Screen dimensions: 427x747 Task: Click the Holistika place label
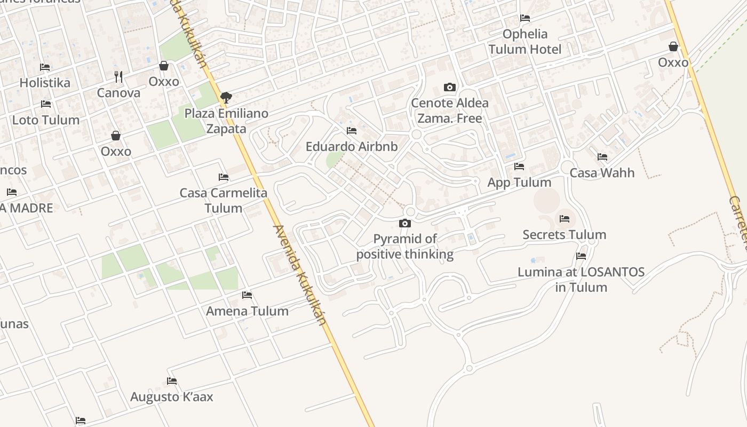tap(45, 83)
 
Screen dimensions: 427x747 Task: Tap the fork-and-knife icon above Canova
tap(118, 77)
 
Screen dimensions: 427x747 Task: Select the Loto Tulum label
tap(46, 120)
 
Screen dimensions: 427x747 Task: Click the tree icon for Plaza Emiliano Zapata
tap(226, 97)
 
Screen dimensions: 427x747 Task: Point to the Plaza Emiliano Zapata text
tap(226, 121)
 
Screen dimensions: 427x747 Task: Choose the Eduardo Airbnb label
tap(352, 146)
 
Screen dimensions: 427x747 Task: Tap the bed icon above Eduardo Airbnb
tap(352, 130)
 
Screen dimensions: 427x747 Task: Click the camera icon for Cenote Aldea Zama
tap(450, 87)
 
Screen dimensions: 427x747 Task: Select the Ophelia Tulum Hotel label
tap(525, 42)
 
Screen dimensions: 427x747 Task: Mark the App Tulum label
tap(519, 183)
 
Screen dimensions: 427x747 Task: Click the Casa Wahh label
tap(602, 173)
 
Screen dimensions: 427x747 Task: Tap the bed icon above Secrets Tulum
tap(565, 219)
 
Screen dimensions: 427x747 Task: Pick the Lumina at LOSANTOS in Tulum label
tap(581, 280)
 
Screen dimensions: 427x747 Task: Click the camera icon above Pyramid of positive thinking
tap(405, 223)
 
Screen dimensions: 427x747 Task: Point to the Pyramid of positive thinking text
tap(405, 247)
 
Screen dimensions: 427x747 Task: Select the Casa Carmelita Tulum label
tap(224, 200)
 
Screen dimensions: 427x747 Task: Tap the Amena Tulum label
tap(247, 311)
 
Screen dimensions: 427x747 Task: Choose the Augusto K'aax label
tap(172, 397)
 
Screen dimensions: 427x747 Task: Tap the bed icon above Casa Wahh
tap(602, 157)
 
